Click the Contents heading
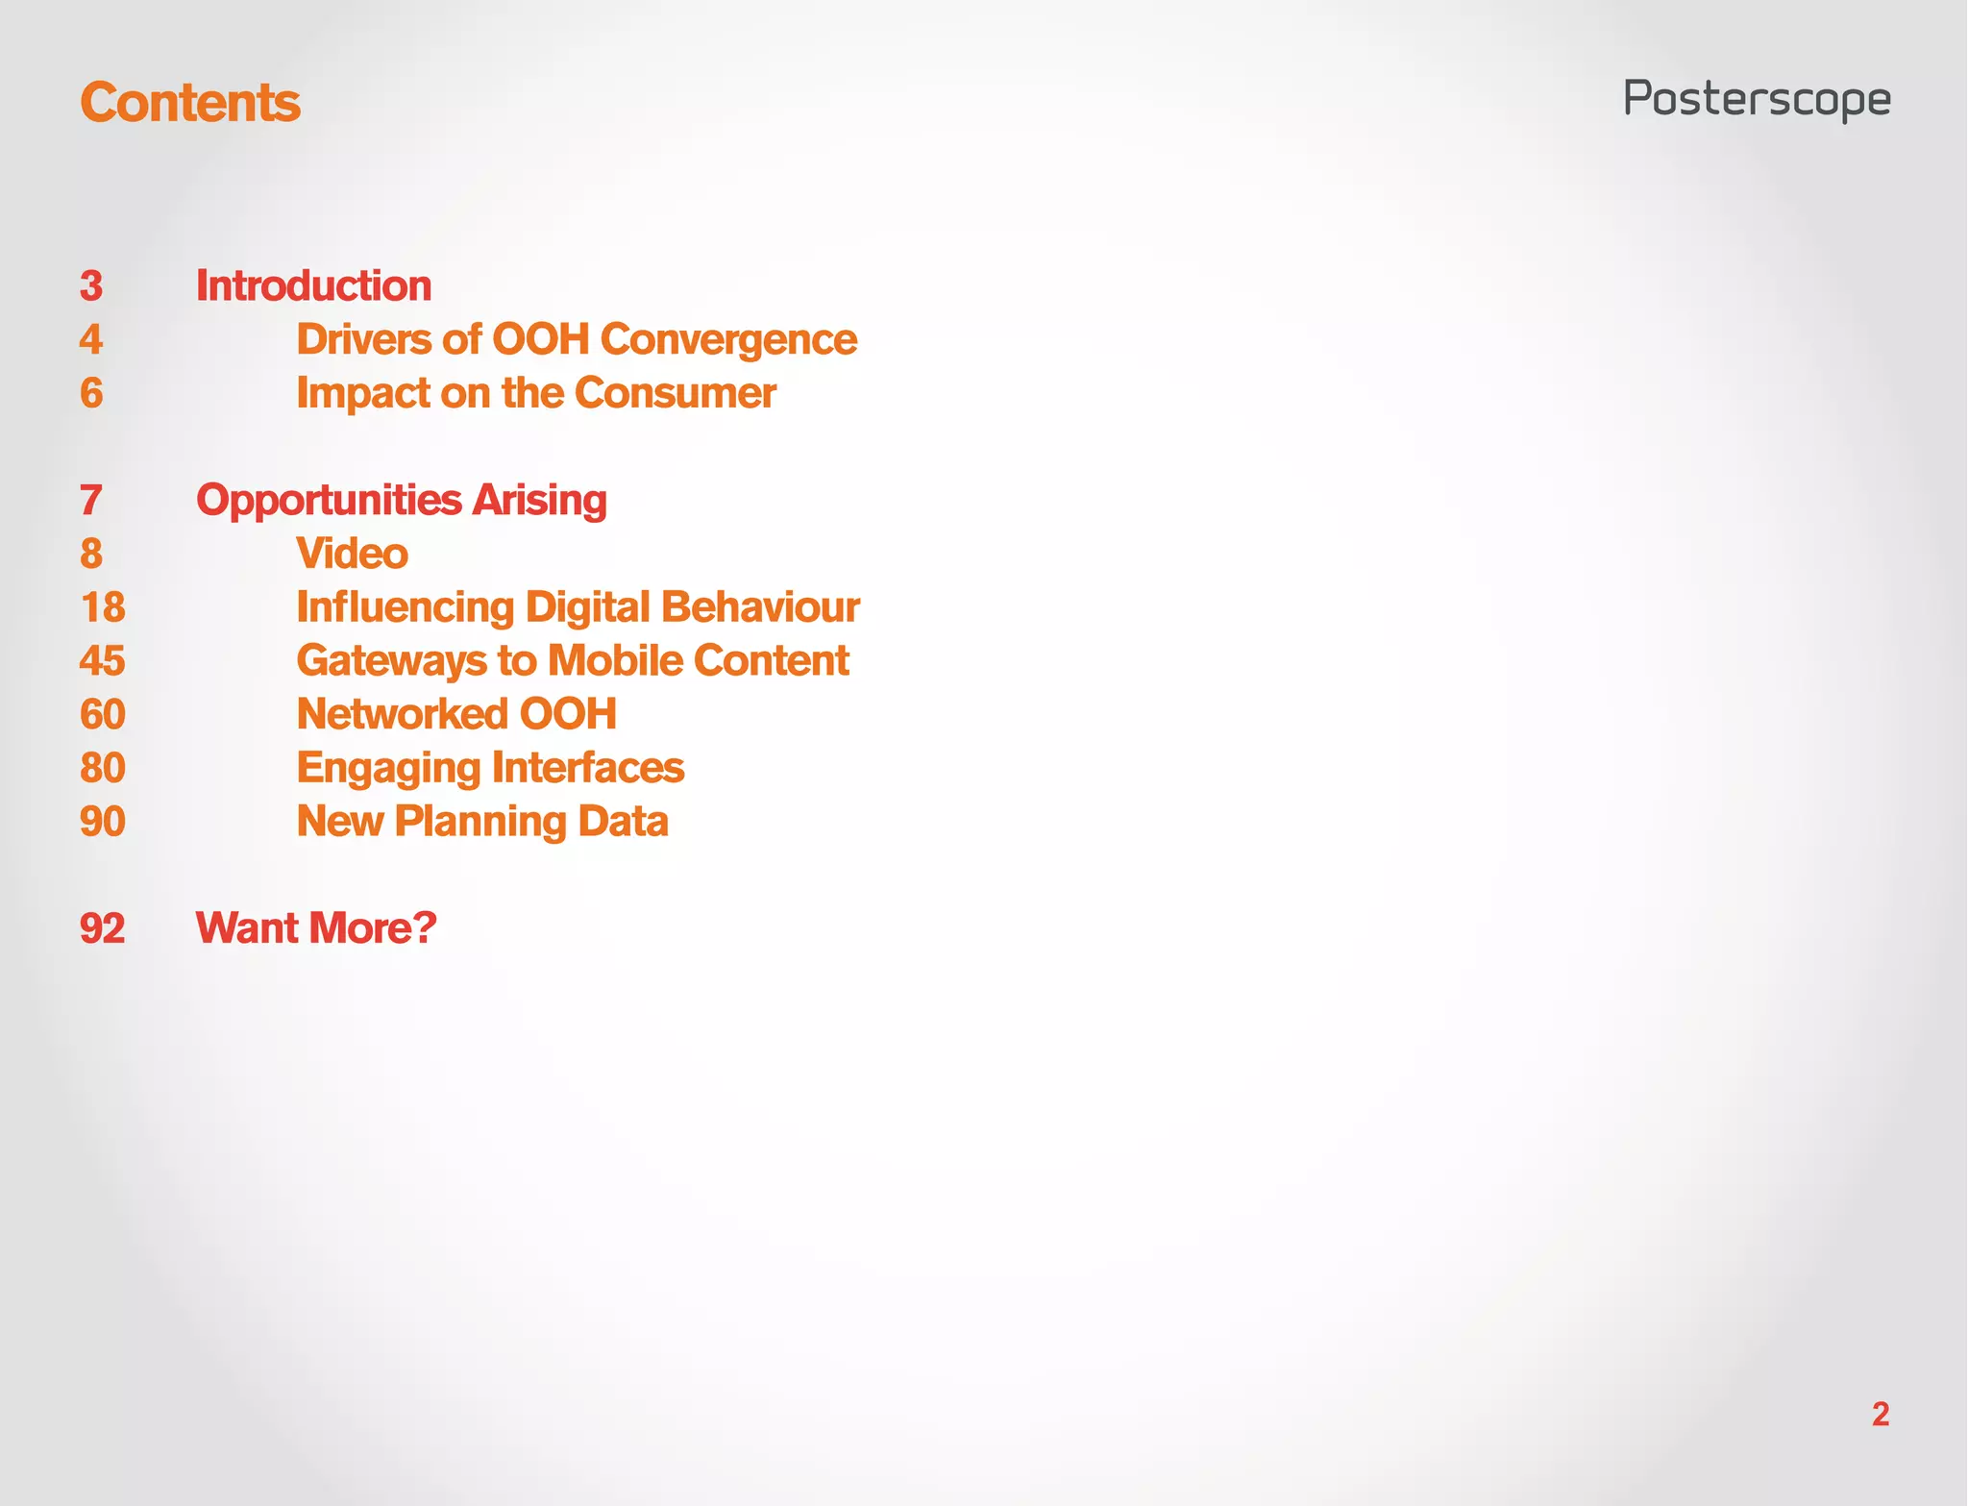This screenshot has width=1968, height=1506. pos(190,102)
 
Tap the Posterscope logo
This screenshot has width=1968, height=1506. pos(1757,100)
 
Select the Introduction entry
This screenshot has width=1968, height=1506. pos(313,285)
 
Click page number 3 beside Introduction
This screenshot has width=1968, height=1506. pos(91,285)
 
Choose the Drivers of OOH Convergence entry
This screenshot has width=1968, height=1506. pos(577,339)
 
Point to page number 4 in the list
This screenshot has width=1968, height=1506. pos(91,339)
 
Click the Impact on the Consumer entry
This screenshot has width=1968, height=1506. pos(536,393)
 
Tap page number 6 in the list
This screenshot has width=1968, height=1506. pos(91,393)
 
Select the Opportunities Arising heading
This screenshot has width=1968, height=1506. pos(402,500)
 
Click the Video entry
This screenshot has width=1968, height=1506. pos(353,554)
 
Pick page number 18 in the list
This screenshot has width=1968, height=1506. pos(103,607)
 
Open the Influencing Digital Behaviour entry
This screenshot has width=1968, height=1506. pos(578,607)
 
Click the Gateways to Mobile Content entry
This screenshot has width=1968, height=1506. pos(573,660)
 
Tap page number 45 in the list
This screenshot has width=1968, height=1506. pos(103,660)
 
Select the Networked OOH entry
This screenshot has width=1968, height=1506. pos(456,714)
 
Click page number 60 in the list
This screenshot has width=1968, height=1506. pos(103,714)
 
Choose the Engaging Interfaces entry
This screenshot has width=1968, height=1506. pos(490,768)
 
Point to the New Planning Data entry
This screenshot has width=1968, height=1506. pos(482,822)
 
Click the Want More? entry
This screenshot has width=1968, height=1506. pos(316,928)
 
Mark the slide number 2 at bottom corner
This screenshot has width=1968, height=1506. pos(1881,1414)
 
